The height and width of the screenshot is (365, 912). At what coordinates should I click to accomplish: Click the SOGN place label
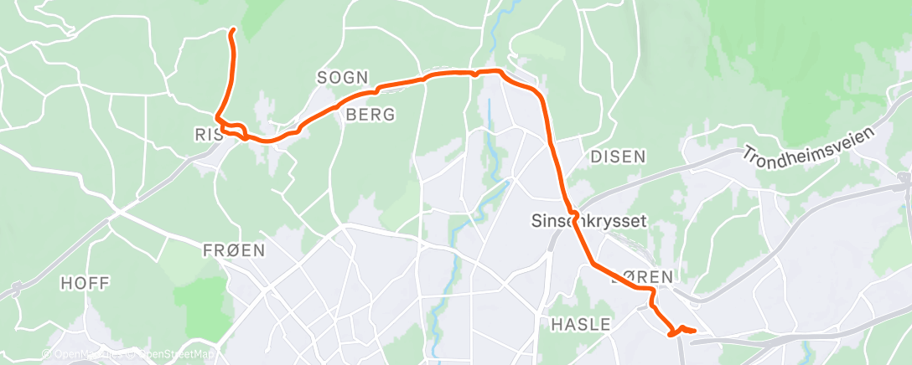tap(342, 78)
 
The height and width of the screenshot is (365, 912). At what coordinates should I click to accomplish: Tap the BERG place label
tap(370, 116)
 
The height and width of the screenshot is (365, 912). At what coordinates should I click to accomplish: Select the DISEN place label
tap(618, 157)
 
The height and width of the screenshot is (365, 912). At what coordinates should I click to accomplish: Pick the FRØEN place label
tap(234, 250)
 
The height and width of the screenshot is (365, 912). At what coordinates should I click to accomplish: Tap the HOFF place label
tap(85, 284)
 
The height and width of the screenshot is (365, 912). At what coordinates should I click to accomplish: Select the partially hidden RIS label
tap(205, 134)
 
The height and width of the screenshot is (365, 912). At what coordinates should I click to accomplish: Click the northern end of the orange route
tap(232, 31)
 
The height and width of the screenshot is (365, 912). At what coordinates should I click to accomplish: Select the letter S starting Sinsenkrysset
tap(537, 222)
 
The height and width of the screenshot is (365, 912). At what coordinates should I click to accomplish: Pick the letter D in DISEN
tap(595, 157)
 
